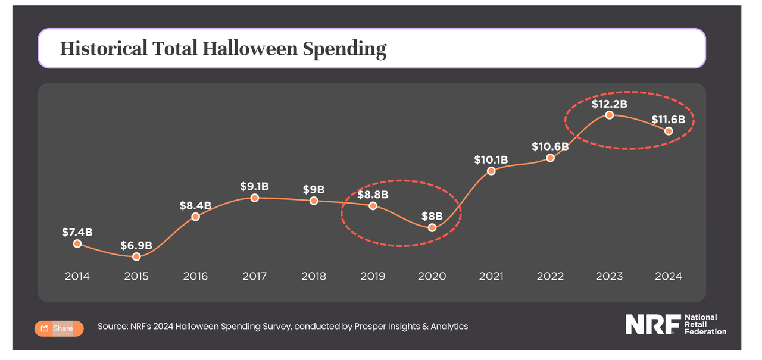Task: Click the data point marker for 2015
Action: click(136, 256)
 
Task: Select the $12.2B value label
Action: click(609, 104)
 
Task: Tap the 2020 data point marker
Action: click(432, 227)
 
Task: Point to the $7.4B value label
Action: click(77, 232)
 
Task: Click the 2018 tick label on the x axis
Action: click(314, 276)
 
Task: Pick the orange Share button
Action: click(59, 328)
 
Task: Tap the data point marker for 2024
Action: click(669, 131)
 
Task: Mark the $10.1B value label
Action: click(491, 159)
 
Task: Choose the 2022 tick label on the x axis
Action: click(550, 276)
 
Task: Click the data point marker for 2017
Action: click(255, 198)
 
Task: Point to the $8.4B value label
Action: click(195, 205)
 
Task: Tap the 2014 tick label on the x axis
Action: click(77, 276)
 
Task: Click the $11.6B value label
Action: click(669, 119)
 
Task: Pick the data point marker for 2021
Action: click(491, 171)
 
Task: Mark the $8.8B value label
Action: click(373, 194)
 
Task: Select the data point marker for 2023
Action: click(609, 115)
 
